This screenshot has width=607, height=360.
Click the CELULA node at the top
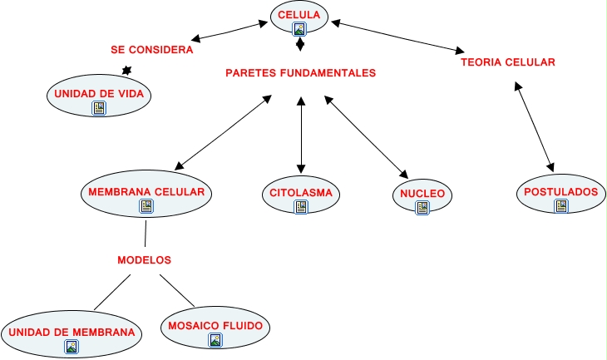(299, 14)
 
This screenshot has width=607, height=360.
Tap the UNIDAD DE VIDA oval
(99, 94)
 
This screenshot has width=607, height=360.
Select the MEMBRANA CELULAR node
(146, 192)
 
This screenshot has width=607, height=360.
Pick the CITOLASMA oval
(300, 194)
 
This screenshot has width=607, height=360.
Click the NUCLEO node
(422, 195)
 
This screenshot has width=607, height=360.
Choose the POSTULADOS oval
(560, 192)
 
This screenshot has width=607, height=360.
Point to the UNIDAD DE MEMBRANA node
(72, 333)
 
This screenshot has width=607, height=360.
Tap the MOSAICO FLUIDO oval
(215, 325)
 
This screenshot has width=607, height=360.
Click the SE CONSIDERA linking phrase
(152, 50)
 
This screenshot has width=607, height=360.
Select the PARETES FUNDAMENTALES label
(300, 73)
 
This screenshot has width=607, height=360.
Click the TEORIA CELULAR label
(507, 62)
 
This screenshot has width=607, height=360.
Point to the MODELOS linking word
(144, 260)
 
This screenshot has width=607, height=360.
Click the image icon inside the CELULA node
(299, 29)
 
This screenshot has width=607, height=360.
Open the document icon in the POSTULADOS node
(560, 206)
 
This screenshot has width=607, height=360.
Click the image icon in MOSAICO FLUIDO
(215, 339)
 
